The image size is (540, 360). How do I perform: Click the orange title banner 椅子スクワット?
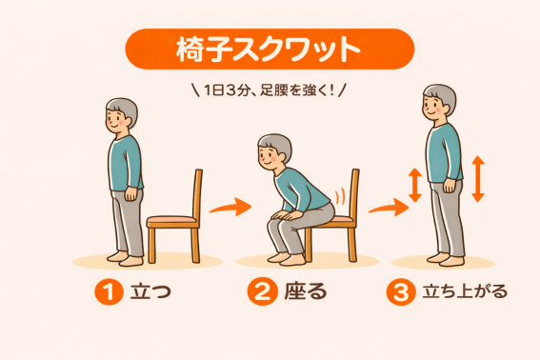pyautogui.click(x=270, y=49)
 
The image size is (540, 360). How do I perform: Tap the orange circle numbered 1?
pyautogui.click(x=109, y=291)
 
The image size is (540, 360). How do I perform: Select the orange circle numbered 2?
pyautogui.click(x=262, y=291)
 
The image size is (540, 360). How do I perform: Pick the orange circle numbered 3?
pyautogui.click(x=401, y=291)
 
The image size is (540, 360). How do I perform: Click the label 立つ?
pyautogui.click(x=150, y=291)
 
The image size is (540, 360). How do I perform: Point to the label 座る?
pyautogui.click(x=306, y=291)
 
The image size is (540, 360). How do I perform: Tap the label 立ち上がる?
pyautogui.click(x=465, y=291)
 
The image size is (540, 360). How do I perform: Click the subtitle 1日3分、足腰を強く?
pyautogui.click(x=269, y=90)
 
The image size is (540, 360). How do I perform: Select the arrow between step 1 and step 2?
pyautogui.click(x=230, y=207)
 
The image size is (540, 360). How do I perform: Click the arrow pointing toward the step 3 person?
pyautogui.click(x=389, y=208)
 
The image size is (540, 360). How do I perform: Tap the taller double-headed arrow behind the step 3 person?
pyautogui.click(x=478, y=179)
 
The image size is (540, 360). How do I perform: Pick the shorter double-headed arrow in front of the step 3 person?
pyautogui.click(x=415, y=185)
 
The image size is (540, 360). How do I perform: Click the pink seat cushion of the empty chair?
pyautogui.click(x=171, y=219)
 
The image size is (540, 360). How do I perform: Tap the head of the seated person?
pyautogui.click(x=274, y=151)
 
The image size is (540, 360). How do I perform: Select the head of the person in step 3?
pyautogui.click(x=439, y=101)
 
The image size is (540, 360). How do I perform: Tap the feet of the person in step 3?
pyautogui.click(x=446, y=259)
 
